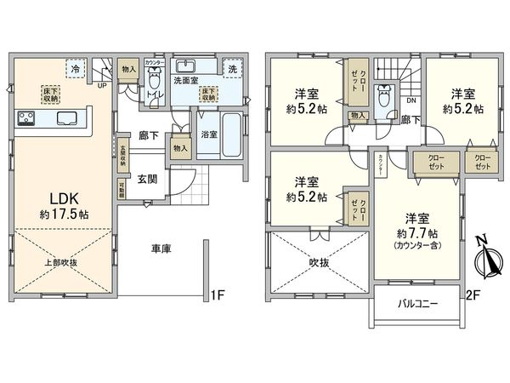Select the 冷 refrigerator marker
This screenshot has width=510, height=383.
(76, 68)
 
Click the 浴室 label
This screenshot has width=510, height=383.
(208, 134)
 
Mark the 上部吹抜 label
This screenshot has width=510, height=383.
(60, 263)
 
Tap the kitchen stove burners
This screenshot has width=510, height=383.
(24, 117)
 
